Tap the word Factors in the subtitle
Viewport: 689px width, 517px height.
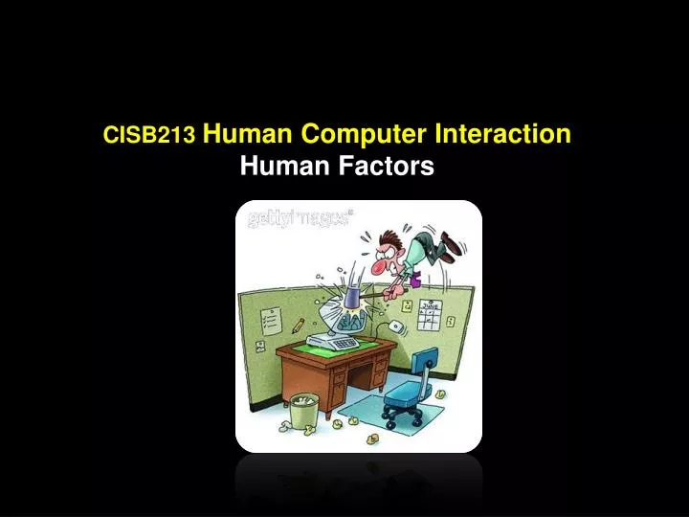click(x=389, y=168)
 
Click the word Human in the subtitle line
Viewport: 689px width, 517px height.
click(x=284, y=168)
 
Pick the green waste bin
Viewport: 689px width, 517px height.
click(x=304, y=411)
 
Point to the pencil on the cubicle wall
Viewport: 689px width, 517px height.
click(x=298, y=326)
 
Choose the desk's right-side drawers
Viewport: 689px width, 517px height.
click(x=374, y=378)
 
